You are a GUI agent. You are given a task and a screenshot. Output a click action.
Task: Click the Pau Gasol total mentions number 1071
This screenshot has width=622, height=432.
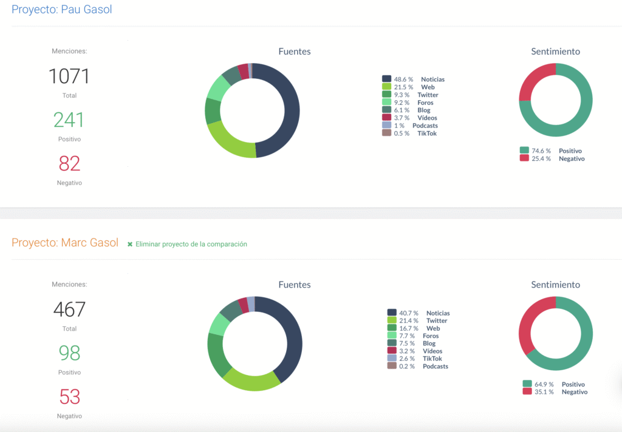pyautogui.click(x=69, y=76)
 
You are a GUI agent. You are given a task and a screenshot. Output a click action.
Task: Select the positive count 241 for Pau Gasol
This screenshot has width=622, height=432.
pyautogui.click(x=69, y=120)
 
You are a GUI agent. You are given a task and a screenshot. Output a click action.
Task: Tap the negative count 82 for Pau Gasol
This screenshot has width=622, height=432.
pyautogui.click(x=69, y=164)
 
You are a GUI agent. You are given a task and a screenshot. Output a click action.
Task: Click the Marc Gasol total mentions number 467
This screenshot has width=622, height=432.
pyautogui.click(x=69, y=309)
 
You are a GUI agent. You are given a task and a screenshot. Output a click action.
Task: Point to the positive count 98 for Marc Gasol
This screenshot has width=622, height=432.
pyautogui.click(x=69, y=353)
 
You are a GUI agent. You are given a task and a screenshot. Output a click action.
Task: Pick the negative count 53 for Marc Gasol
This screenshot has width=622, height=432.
pyautogui.click(x=69, y=397)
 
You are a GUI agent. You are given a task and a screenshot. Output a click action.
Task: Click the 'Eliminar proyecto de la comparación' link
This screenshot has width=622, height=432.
pyautogui.click(x=188, y=244)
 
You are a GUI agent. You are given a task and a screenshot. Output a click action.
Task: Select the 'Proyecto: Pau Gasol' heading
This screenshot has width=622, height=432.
pyautogui.click(x=62, y=10)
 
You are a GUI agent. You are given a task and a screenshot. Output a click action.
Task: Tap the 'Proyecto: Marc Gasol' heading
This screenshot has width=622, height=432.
pyautogui.click(x=65, y=243)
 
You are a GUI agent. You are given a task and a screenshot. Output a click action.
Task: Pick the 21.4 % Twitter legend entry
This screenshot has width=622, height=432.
pyautogui.click(x=417, y=321)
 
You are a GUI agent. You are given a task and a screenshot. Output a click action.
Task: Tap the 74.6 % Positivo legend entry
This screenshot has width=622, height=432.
pyautogui.click(x=551, y=150)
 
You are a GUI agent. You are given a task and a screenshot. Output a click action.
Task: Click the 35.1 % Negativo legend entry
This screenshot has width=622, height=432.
pyautogui.click(x=555, y=392)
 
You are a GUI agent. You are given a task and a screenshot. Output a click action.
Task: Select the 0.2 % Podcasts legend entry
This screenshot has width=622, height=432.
pyautogui.click(x=417, y=366)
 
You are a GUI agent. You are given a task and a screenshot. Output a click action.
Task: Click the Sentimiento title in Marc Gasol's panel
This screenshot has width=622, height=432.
pyautogui.click(x=555, y=285)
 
